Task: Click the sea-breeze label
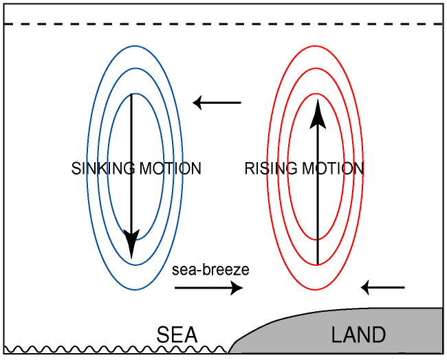coord(210,270)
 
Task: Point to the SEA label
coord(177,335)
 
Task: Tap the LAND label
coord(358,335)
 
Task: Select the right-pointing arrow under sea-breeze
coord(209,289)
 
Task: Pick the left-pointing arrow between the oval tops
coord(217,103)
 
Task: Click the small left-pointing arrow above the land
coord(383,286)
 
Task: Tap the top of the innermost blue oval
coord(135,93)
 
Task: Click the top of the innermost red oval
coord(317,93)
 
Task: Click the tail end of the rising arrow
coord(317,262)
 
